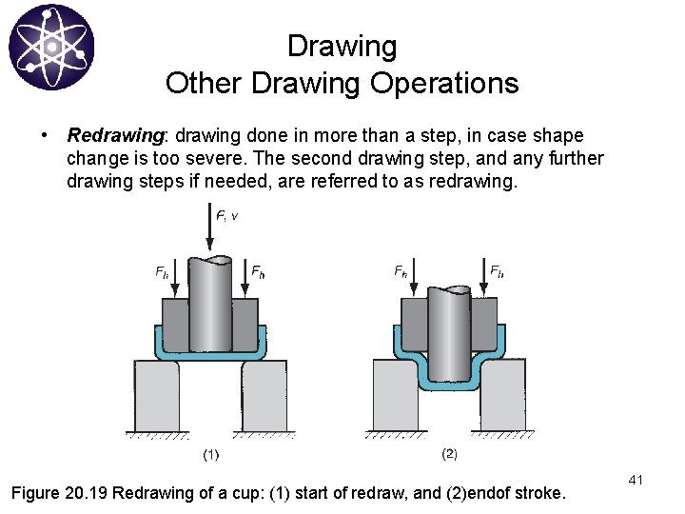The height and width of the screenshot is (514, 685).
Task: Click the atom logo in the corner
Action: [x=51, y=47]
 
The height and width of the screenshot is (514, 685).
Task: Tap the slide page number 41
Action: [x=636, y=481]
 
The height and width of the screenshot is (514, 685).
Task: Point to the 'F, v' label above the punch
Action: [x=227, y=216]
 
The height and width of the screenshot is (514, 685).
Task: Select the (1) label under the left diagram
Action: [x=210, y=454]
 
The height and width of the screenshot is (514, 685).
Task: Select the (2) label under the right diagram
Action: [x=449, y=454]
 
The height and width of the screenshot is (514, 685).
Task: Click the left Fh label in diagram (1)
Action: [x=162, y=272]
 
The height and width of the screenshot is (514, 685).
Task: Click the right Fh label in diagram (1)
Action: [x=257, y=272]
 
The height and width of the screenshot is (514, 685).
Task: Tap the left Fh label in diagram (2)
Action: [x=401, y=271]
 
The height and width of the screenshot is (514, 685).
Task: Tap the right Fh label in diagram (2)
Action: [x=497, y=271]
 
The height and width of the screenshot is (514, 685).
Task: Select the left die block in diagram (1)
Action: [x=156, y=395]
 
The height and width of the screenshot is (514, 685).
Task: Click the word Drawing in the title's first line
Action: [x=342, y=46]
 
